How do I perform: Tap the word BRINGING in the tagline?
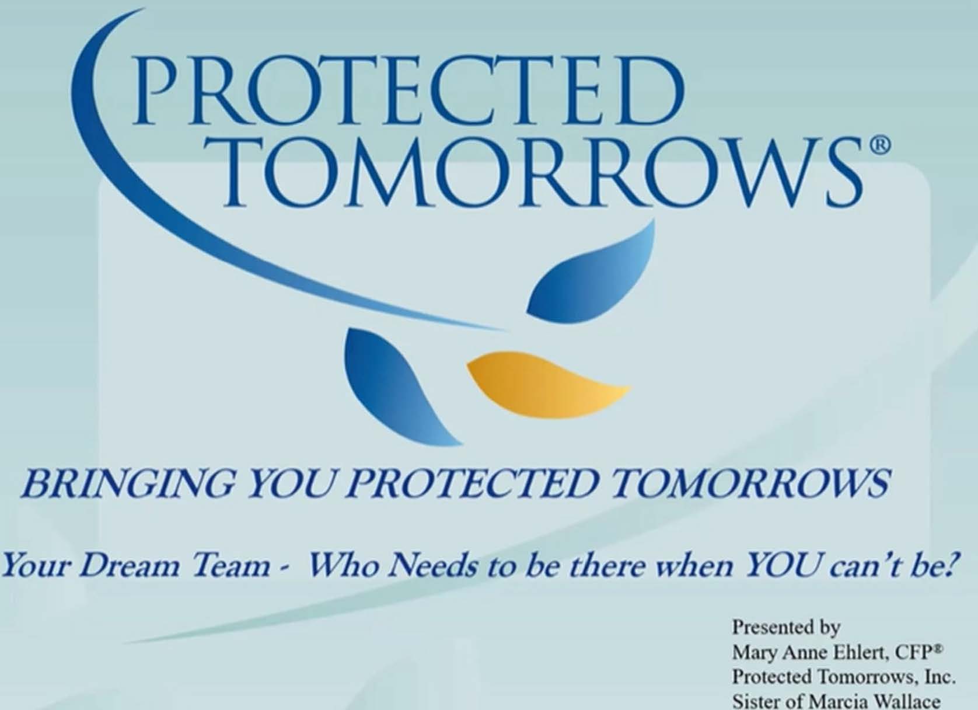click(127, 485)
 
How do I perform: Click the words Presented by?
click(786, 628)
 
